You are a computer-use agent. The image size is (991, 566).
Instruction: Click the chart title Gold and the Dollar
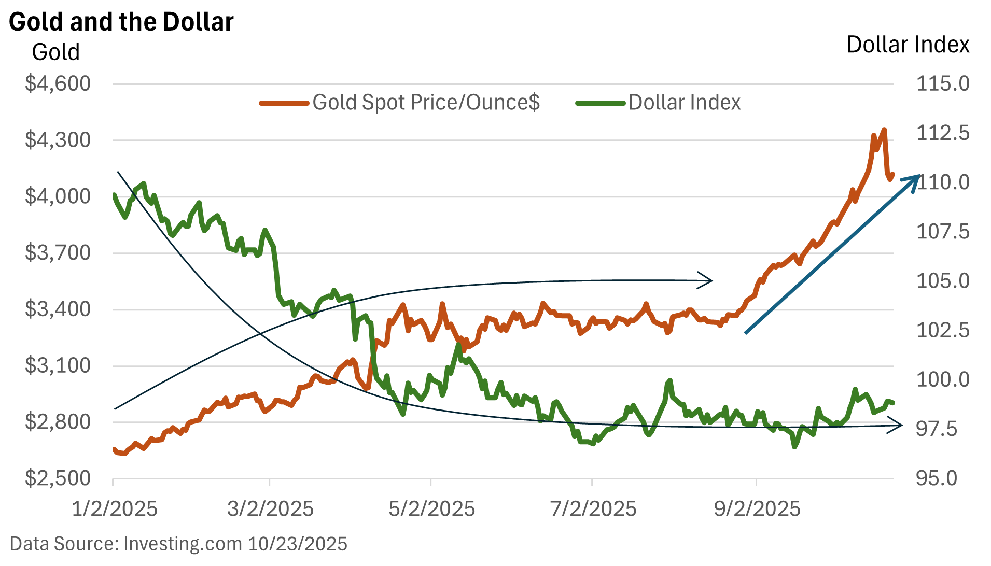121,22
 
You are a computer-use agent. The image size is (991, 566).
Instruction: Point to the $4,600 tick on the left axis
58,83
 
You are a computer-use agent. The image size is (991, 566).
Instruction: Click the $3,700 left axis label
58,253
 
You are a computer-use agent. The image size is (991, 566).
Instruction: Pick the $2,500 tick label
58,478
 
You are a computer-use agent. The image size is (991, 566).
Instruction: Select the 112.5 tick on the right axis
943,133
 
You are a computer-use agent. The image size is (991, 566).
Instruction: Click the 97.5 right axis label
937,429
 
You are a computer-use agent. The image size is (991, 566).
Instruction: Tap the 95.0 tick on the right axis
937,478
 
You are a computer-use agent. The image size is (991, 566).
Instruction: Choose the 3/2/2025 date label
270,509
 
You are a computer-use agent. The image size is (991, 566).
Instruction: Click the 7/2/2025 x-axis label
593,509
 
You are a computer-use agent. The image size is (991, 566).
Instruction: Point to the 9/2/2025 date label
757,509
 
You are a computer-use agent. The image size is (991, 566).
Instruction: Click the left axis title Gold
56,52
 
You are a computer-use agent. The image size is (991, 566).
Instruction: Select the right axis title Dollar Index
908,45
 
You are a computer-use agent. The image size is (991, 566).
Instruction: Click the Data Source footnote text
178,544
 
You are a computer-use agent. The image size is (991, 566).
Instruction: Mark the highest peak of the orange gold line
884,130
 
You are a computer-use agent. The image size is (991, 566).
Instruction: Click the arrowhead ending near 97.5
899,426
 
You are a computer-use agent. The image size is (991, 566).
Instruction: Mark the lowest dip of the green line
794,446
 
